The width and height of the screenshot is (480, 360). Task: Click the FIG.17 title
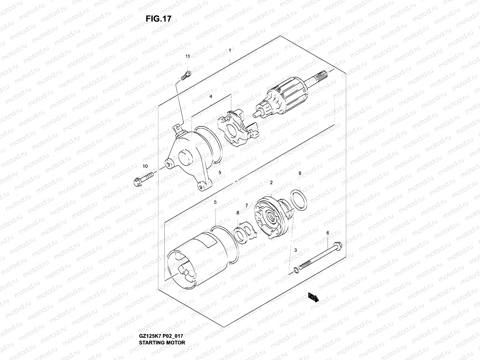(158, 19)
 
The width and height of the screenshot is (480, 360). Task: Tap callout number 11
(187, 56)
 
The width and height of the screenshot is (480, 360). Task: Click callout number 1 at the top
(230, 51)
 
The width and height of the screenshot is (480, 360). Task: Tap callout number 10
(145, 166)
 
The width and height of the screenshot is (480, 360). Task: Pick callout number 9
(300, 173)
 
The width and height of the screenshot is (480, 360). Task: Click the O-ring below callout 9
(299, 199)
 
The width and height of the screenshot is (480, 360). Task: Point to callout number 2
(271, 182)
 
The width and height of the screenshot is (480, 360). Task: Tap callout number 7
(247, 205)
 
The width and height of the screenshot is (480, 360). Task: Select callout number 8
(238, 213)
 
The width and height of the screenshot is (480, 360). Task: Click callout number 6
(328, 233)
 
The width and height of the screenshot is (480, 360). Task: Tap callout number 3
(295, 250)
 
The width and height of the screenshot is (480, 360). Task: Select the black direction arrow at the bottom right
(313, 297)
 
